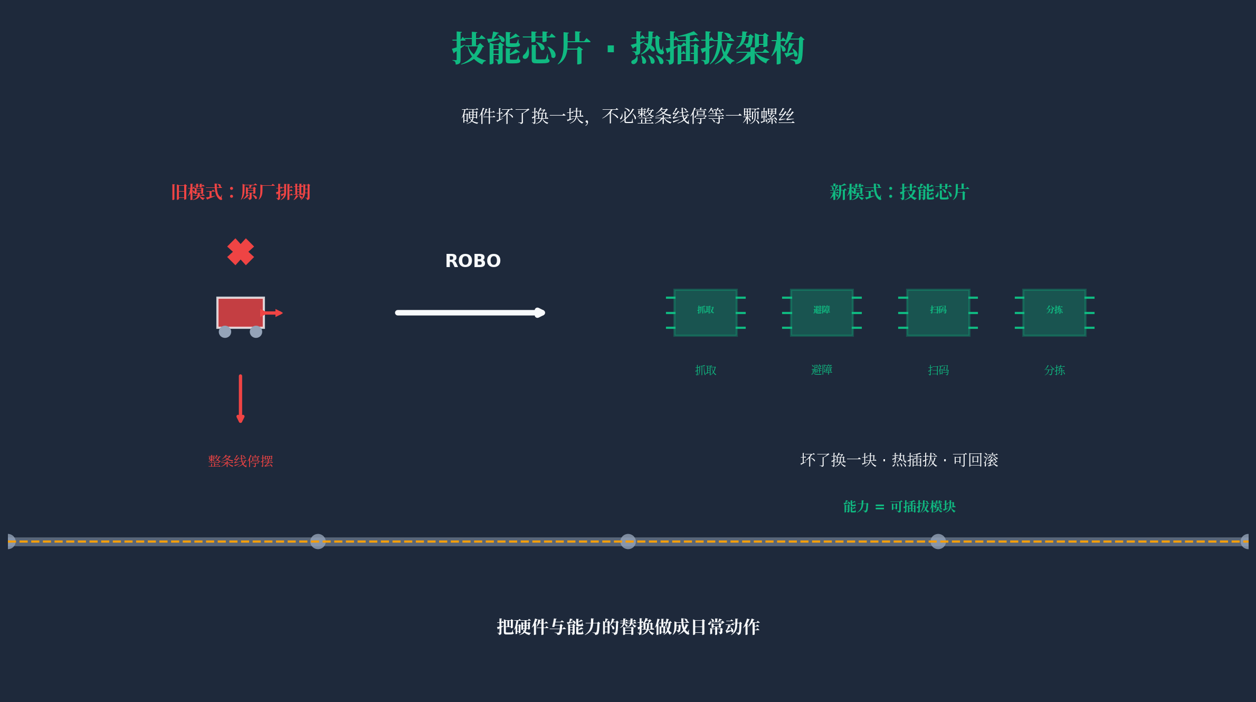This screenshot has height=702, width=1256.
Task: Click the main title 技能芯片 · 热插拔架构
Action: pos(628,49)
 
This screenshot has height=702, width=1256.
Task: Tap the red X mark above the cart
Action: pos(241,252)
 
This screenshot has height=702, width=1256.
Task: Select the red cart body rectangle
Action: pos(240,312)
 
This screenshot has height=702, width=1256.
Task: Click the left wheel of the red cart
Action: pos(225,332)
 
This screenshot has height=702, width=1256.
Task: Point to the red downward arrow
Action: pos(241,399)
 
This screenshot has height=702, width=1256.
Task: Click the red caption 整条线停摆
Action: pos(241,461)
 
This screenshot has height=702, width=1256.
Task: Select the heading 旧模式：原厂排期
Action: pos(241,192)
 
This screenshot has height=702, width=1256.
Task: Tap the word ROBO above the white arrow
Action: pos(473,261)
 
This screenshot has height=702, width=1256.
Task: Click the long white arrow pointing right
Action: pos(470,312)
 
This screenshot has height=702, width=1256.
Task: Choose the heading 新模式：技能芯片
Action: pos(899,192)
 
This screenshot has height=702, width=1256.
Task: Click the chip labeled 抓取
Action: pos(706,312)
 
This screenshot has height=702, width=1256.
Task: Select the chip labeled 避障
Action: pos(822,312)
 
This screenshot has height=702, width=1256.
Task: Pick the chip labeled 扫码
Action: pos(938,312)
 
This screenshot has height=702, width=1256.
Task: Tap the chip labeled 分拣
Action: pos(1054,312)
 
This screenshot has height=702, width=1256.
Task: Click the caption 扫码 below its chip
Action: pos(938,370)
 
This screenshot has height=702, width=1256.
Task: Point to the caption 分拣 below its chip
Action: pos(1054,370)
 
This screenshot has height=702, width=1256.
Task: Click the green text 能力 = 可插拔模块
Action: pos(899,507)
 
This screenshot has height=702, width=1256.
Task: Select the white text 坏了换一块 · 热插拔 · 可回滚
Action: pos(899,460)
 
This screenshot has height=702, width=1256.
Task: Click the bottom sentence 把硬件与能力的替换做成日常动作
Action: pos(628,627)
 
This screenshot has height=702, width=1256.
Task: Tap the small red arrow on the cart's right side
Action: pos(273,313)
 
